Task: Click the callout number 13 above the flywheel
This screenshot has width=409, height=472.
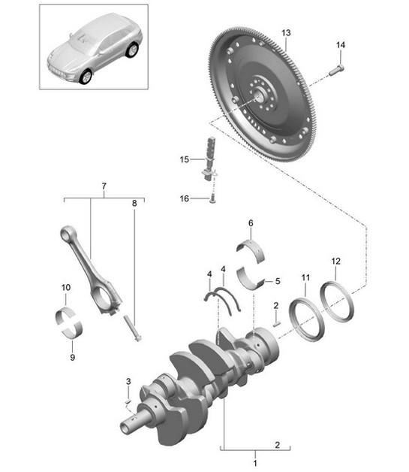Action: click(285, 33)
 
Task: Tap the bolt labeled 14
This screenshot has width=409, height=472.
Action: click(335, 71)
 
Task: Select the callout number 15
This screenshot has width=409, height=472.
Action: click(184, 159)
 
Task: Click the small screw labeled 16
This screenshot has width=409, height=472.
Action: click(212, 199)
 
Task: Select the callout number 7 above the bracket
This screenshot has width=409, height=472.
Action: click(104, 185)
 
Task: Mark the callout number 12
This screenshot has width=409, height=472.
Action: click(335, 261)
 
